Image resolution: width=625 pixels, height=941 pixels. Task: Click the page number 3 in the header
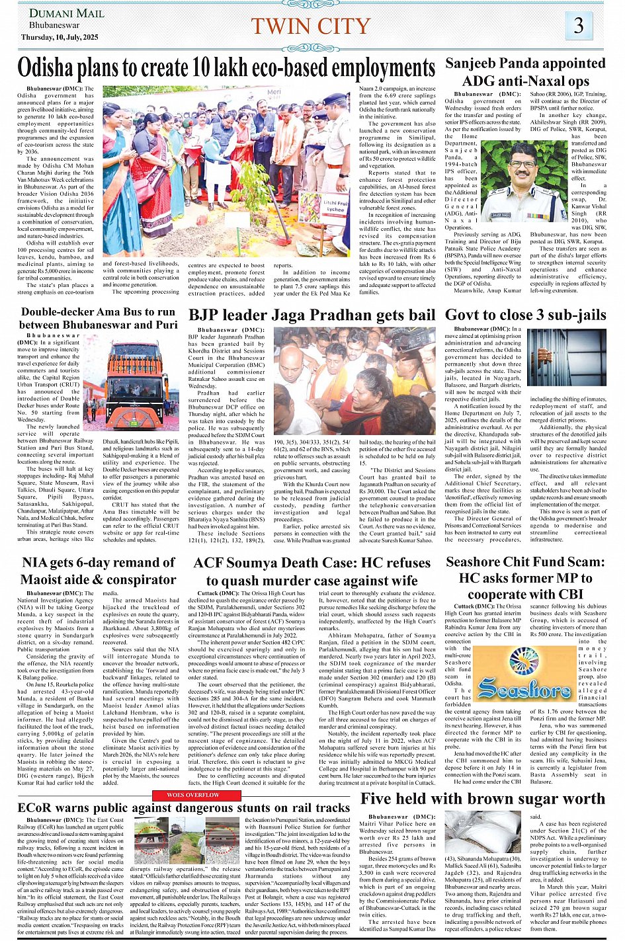[578, 26]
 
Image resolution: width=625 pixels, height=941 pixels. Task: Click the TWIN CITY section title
[310, 26]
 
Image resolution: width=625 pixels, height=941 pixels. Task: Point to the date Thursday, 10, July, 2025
[60, 38]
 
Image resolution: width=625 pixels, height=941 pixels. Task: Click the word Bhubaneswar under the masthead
[54, 25]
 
